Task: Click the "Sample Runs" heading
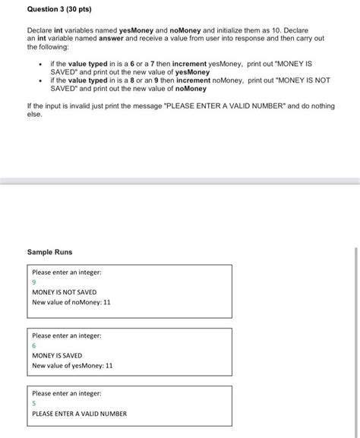pos(49,251)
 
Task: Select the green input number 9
pos(34,282)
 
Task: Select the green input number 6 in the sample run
pos(34,345)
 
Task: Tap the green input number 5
pos(34,404)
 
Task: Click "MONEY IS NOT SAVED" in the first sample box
pos(65,291)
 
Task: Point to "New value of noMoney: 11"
pos(71,302)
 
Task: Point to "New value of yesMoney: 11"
pos(72,365)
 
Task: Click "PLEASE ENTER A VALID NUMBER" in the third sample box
pos(80,414)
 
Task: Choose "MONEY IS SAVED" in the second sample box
pos(57,355)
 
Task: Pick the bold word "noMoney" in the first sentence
pos(183,30)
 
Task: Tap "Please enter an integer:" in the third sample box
pos(67,394)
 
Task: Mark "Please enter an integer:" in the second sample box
pos(67,336)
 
